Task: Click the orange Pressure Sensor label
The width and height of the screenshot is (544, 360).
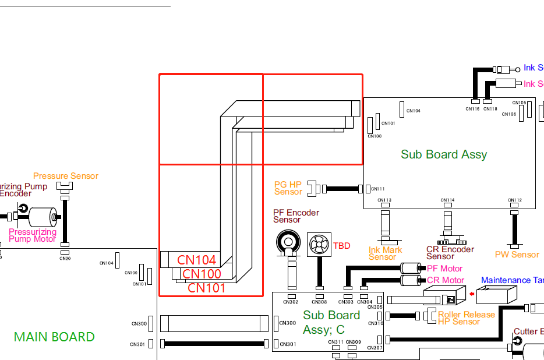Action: point(66,176)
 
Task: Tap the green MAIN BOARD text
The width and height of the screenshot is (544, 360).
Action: point(54,337)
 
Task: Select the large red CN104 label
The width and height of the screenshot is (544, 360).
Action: point(196,260)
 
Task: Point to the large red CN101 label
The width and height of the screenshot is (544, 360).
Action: point(206,287)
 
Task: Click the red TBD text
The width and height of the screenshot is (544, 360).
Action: point(342,246)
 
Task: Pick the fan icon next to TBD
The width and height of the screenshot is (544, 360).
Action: point(319,245)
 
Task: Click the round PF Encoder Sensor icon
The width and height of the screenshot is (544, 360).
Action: point(287,241)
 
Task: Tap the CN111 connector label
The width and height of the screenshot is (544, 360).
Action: point(378,189)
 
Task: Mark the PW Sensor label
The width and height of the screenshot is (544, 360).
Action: point(517,255)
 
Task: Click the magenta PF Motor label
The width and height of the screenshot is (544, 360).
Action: point(444,269)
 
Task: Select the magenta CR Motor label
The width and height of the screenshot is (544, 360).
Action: point(446,280)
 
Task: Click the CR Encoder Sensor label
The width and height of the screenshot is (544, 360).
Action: point(450,253)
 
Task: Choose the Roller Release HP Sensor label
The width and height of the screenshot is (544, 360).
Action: point(466,318)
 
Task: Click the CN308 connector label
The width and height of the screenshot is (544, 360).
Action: point(319,302)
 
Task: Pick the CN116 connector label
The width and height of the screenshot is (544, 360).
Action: point(472,109)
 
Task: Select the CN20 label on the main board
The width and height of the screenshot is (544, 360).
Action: point(65,258)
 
